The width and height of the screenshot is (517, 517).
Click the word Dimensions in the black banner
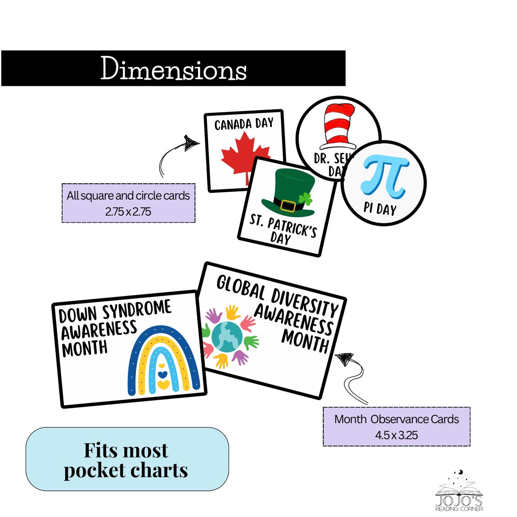tap(173, 68)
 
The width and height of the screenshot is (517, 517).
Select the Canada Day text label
tap(244, 124)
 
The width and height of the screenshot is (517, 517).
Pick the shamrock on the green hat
tap(305, 198)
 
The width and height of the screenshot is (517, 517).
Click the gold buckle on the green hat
tap(288, 206)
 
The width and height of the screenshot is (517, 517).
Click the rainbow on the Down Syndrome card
tap(163, 361)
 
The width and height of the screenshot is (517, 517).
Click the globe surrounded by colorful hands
tap(227, 337)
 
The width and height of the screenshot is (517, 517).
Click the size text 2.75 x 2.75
tap(128, 212)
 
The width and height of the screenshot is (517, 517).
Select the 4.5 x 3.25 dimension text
tap(396, 435)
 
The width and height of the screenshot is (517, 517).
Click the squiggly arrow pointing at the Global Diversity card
tap(353, 378)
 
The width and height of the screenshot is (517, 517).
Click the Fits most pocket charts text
tap(126, 460)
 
